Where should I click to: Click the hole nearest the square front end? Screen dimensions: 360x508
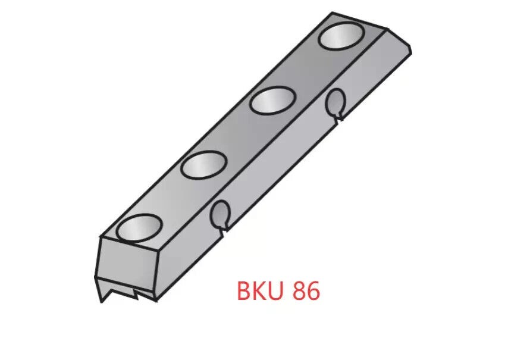(x=139, y=228)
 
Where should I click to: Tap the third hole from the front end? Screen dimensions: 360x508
(x=272, y=100)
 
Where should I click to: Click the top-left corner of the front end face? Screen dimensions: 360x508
(x=99, y=239)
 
